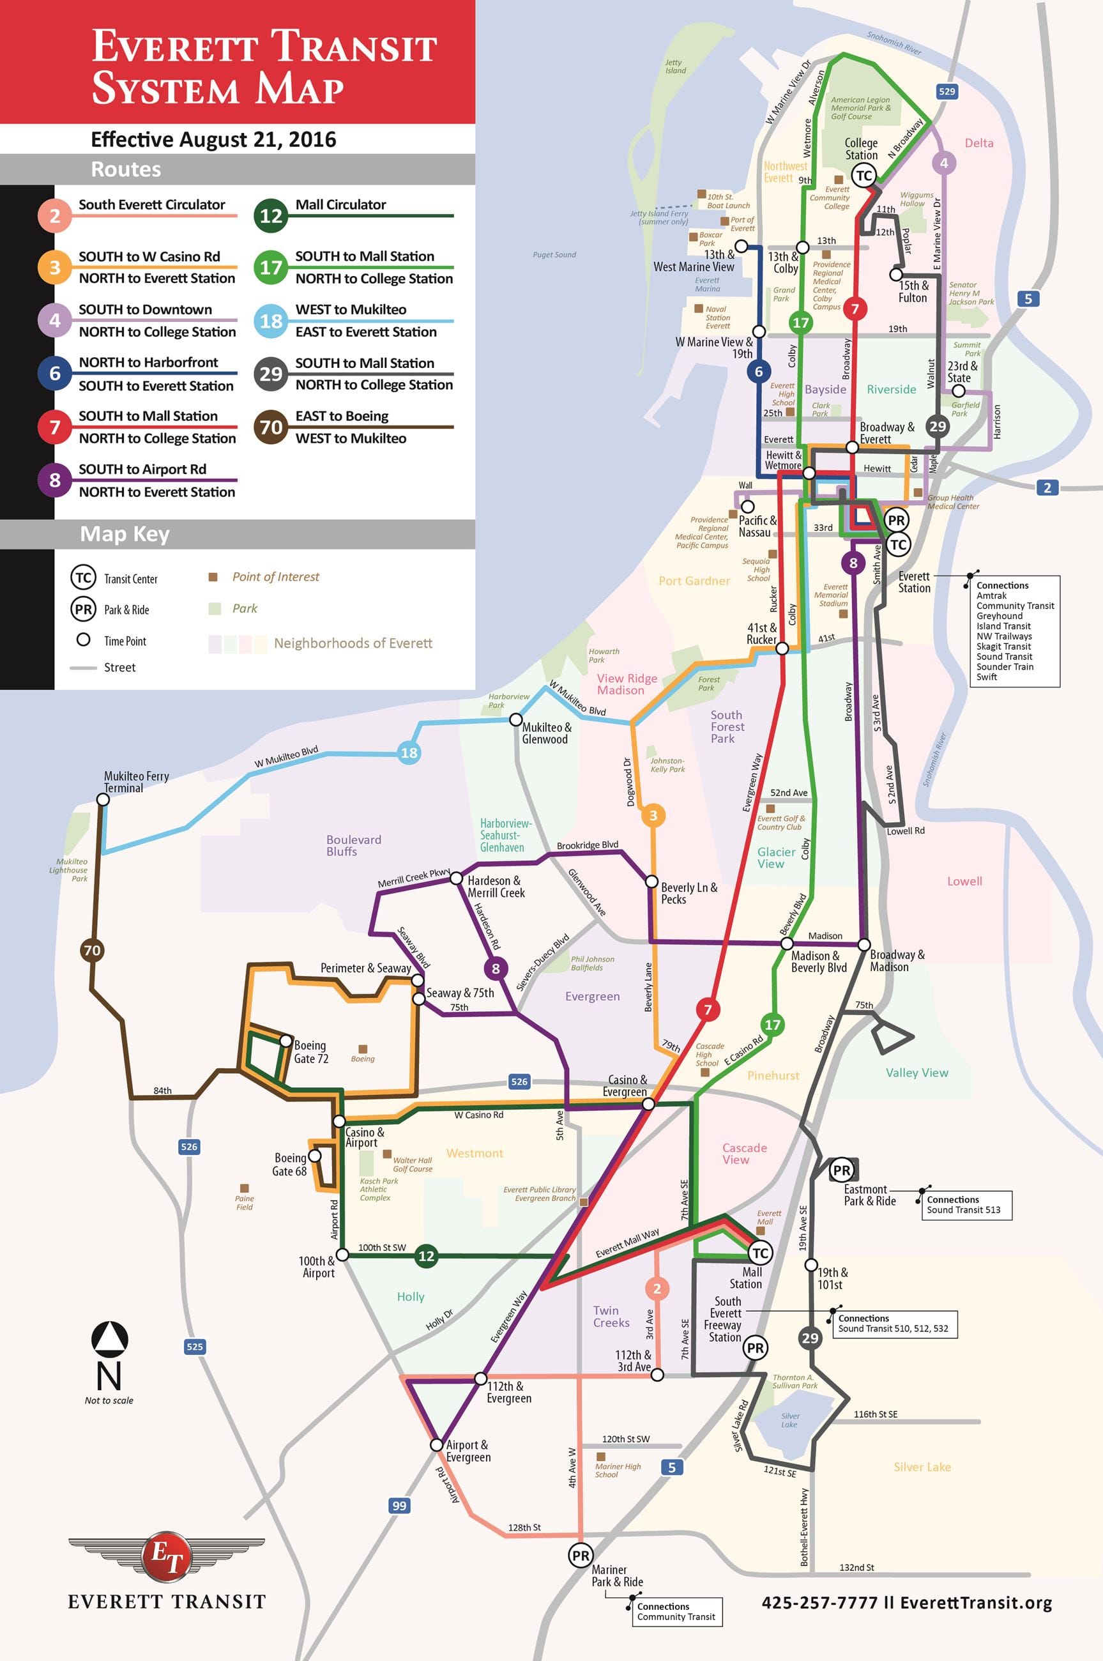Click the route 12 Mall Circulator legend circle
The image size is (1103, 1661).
pyautogui.click(x=271, y=215)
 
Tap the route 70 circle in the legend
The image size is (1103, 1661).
pyautogui.click(x=271, y=427)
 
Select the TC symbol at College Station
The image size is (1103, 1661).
pyautogui.click(x=864, y=176)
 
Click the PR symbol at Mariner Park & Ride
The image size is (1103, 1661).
pyautogui.click(x=581, y=1556)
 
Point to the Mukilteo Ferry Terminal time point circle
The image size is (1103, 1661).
pyautogui.click(x=103, y=800)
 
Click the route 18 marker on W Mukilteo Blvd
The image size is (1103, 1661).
pyautogui.click(x=409, y=753)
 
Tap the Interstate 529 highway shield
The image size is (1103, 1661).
pyautogui.click(x=947, y=91)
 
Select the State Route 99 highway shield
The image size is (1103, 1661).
pyautogui.click(x=399, y=1506)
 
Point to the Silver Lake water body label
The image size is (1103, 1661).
pyautogui.click(x=789, y=1420)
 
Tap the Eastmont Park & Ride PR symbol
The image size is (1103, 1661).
pyautogui.click(x=841, y=1170)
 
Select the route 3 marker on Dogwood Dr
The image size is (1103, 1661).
pyautogui.click(x=653, y=815)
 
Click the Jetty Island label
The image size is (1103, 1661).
pyautogui.click(x=675, y=67)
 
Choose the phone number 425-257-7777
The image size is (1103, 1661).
pyautogui.click(x=819, y=1603)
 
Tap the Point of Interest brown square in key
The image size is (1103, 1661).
pyautogui.click(x=213, y=577)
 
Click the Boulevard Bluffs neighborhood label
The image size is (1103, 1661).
pyautogui.click(x=353, y=845)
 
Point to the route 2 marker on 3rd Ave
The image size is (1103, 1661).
pyautogui.click(x=657, y=1289)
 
